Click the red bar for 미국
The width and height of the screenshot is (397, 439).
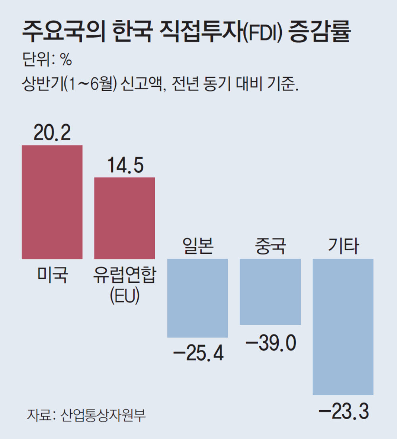(52, 202)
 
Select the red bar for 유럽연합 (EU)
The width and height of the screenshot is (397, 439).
(124, 218)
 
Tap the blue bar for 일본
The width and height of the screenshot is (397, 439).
(197, 298)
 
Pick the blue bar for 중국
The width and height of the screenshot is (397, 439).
(270, 292)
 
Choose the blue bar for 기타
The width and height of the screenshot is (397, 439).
(343, 327)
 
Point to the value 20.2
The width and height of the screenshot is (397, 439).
(52, 133)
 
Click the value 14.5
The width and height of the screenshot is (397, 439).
(124, 165)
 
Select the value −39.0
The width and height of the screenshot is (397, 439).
(271, 343)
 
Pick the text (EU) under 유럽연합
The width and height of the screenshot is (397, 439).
(124, 296)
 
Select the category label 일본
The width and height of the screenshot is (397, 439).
(198, 246)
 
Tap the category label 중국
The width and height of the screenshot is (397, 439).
(270, 246)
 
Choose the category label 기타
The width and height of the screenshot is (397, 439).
(343, 246)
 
